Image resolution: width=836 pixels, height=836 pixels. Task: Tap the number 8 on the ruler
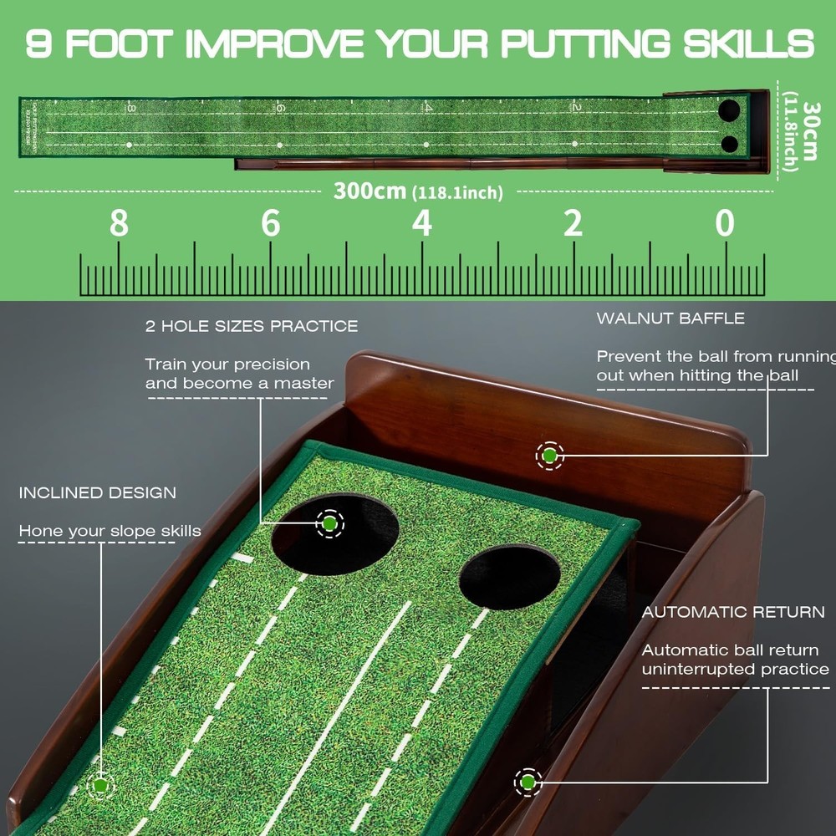119,224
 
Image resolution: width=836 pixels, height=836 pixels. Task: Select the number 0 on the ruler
724,224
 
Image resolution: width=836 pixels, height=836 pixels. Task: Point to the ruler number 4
421,224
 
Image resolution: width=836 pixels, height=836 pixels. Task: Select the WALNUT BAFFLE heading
670,319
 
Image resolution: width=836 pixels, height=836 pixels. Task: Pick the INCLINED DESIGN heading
98,492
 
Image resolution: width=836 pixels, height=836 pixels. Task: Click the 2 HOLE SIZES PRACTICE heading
252,326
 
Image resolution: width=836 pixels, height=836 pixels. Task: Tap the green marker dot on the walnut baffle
549,456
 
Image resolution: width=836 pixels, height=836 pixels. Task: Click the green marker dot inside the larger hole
329,522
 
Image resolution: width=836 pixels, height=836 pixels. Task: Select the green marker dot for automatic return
528,782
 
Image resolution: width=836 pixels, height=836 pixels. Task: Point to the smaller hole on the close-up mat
509,577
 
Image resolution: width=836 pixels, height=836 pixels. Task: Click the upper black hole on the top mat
729,110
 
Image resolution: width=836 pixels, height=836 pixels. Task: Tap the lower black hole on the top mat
730,144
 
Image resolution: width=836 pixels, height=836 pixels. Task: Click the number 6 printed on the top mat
280,108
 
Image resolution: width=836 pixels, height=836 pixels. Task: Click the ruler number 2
573,224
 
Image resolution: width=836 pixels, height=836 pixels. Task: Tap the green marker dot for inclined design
100,785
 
